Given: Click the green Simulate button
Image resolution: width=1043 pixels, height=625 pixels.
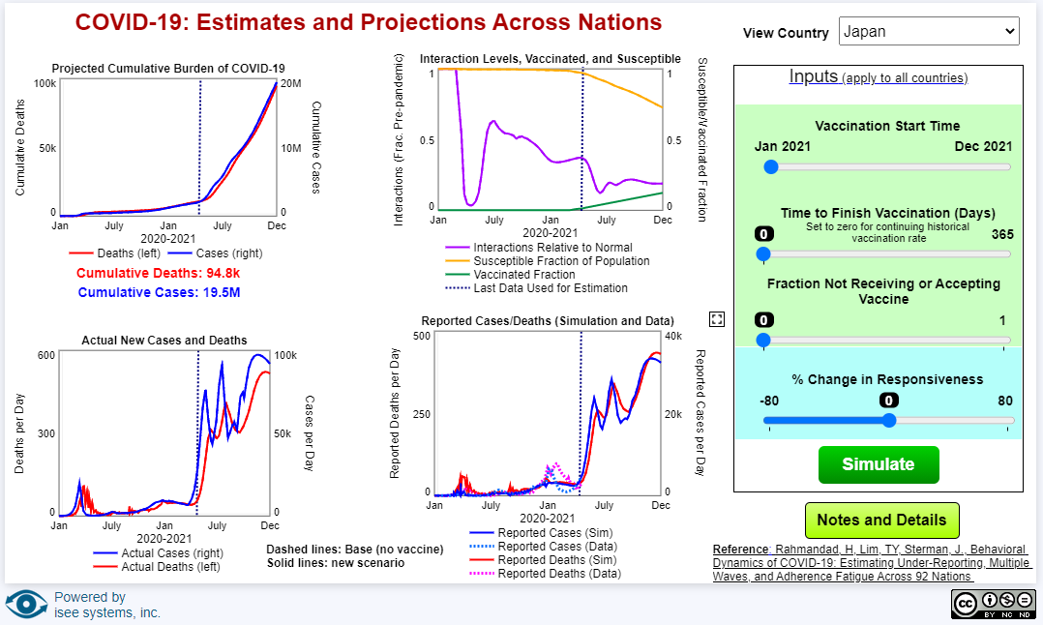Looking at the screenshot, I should [879, 464].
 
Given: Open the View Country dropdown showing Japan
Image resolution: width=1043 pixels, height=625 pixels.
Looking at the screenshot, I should [929, 32].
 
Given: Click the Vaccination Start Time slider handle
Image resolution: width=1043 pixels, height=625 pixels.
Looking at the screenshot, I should [771, 166].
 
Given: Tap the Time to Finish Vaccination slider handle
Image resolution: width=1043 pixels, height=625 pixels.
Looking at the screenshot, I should [763, 254].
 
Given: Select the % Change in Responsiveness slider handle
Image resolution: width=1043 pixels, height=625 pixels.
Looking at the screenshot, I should [889, 420].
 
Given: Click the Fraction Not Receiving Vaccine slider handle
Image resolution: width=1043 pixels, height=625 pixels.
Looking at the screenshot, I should [763, 341].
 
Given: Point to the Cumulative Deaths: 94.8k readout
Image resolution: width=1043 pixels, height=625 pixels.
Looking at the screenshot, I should [159, 273].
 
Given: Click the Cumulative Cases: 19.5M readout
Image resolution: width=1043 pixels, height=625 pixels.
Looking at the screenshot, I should [159, 292].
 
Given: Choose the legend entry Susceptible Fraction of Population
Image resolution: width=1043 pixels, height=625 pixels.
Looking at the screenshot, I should [561, 261].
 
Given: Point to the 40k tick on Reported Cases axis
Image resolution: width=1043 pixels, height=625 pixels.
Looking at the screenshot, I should [674, 336].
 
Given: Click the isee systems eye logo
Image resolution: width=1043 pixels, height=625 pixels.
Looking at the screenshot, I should [26, 605].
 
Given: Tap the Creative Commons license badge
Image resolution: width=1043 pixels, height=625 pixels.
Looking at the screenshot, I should [994, 604].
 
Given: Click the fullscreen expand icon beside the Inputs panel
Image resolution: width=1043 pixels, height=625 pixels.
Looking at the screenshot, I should [717, 319].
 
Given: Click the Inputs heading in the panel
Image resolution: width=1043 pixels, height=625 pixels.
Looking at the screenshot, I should [813, 76].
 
